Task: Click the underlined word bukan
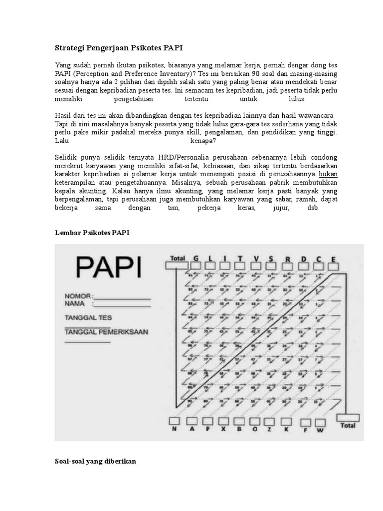328,174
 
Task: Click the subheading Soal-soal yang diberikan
95,462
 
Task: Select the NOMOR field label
78,296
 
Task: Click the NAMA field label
75,303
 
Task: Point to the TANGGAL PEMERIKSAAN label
106,332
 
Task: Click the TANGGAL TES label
88,317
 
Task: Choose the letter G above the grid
195,258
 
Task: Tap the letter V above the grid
256,258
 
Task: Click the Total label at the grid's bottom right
348,426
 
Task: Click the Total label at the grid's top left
178,258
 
